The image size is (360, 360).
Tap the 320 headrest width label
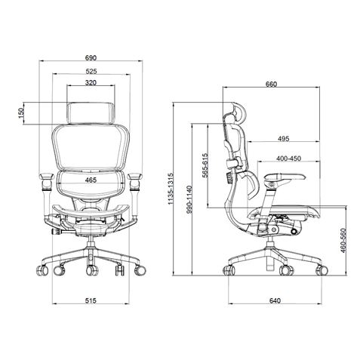[90, 83]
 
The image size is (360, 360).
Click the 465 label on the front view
[90, 180]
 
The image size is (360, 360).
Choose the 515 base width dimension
[90, 300]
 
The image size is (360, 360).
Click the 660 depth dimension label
[272, 84]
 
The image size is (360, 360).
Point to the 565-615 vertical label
[205, 165]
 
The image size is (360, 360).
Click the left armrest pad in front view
[45, 180]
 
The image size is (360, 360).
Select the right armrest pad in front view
[136, 180]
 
